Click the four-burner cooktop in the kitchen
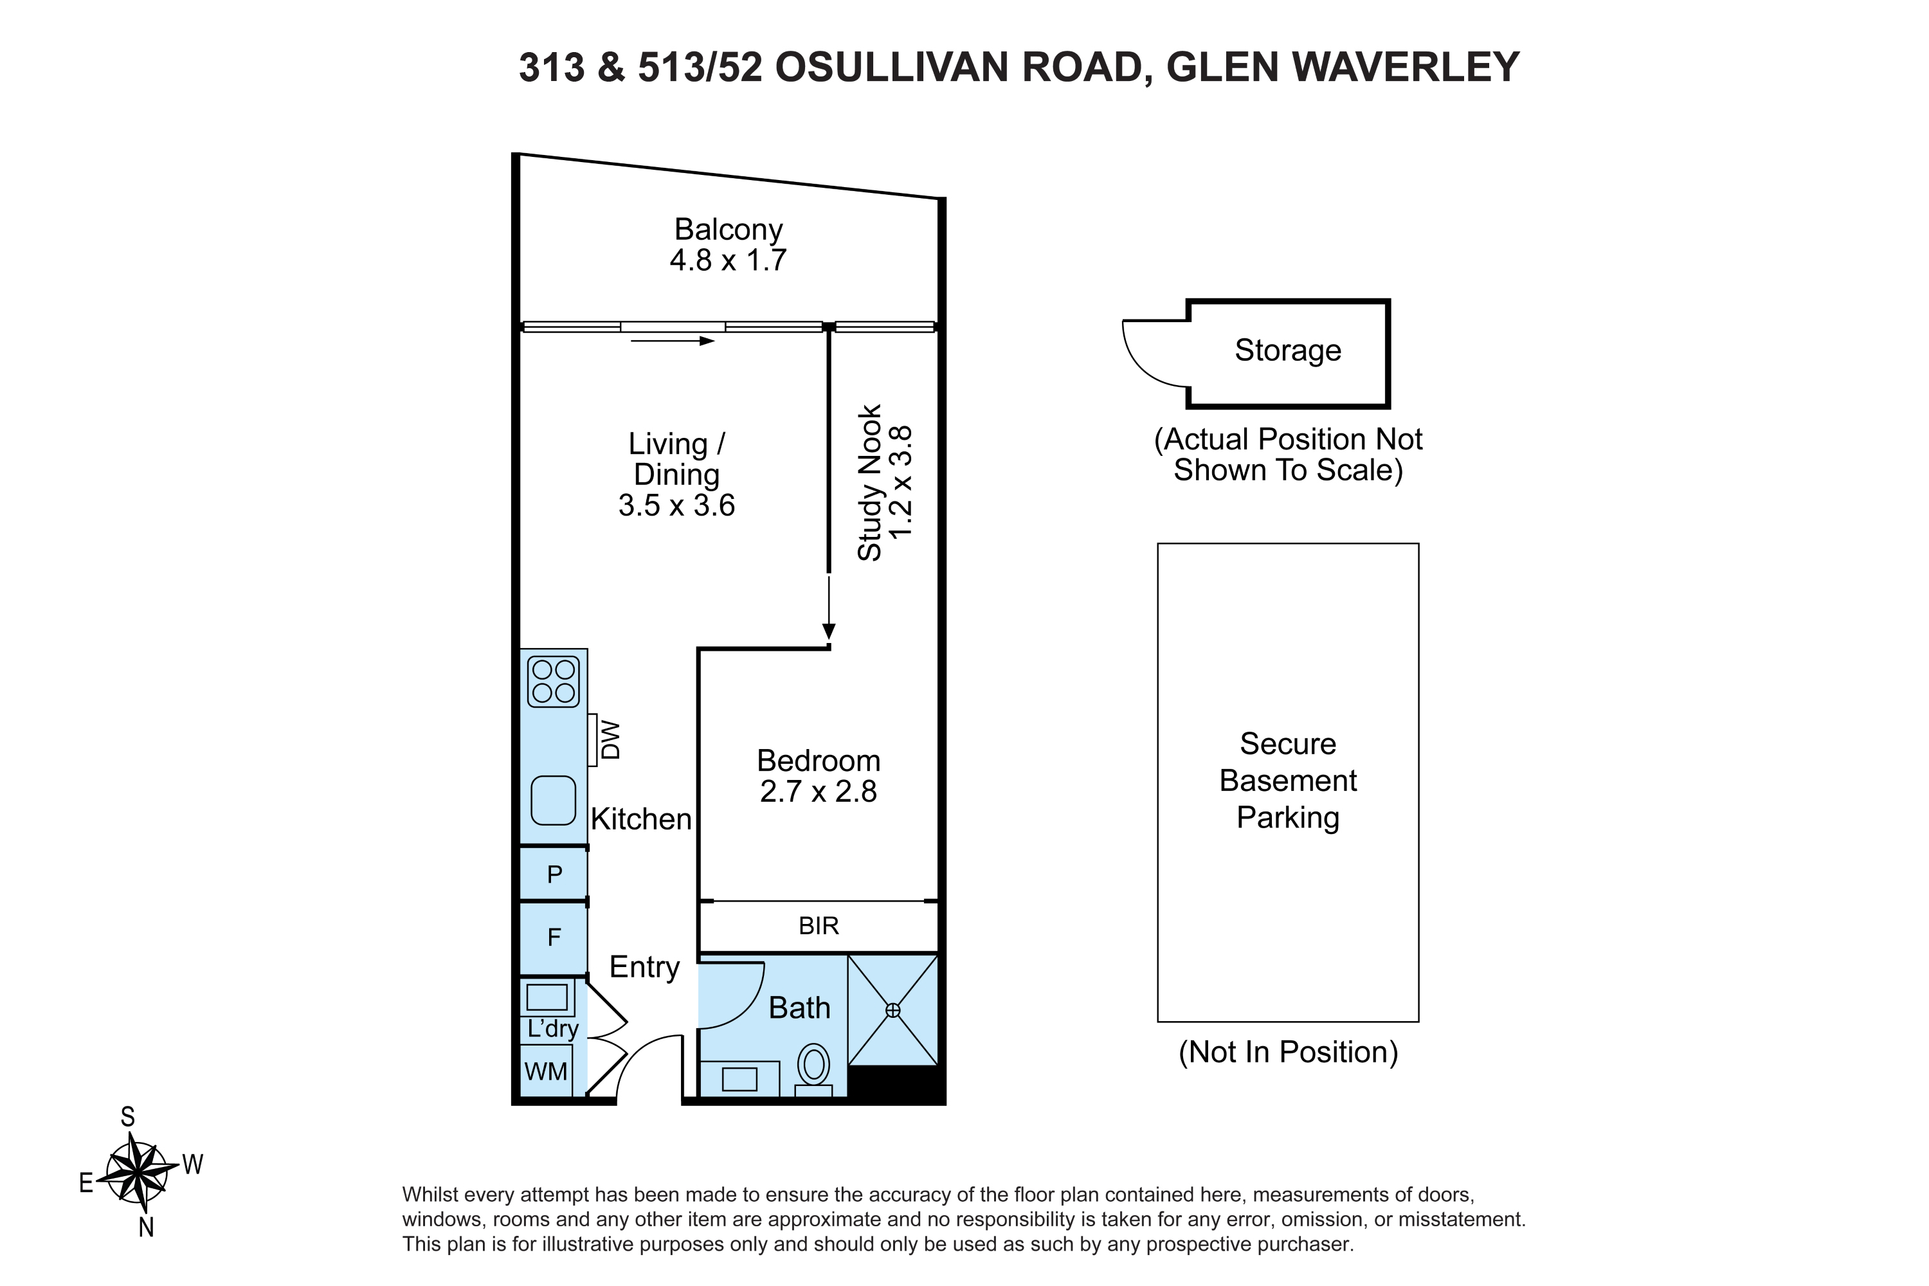coord(554,682)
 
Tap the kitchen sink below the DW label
coord(554,801)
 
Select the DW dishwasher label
coord(611,740)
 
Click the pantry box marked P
coord(554,874)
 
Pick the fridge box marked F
coord(554,937)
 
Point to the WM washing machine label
coord(545,1071)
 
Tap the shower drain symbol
coord(893,1010)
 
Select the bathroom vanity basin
coord(739,1078)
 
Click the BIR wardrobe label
coord(819,926)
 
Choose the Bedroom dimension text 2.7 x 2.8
coord(819,792)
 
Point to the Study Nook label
coord(869,482)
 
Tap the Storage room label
coord(1288,350)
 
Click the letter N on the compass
coord(146,1227)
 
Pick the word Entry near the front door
coord(645,968)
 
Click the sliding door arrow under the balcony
coord(673,340)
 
